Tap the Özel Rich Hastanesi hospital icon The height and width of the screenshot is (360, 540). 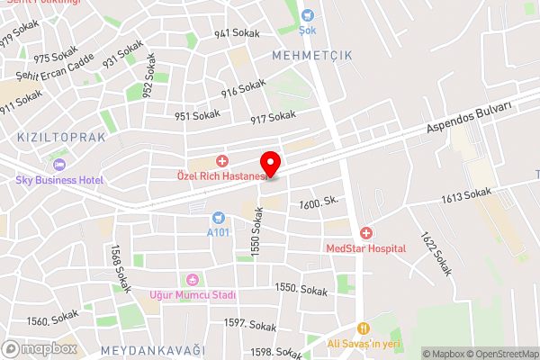[x=221, y=160]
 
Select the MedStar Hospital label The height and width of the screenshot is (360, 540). [x=366, y=247]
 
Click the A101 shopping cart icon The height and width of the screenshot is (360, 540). [x=218, y=218]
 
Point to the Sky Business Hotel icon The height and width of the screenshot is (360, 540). [x=59, y=165]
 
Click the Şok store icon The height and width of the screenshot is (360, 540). [x=308, y=15]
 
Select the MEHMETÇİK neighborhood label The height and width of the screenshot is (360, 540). [x=312, y=55]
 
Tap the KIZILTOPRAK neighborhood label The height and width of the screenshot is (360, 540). [x=61, y=138]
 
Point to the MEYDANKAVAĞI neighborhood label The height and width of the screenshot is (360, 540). [x=153, y=349]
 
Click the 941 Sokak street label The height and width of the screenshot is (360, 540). [x=237, y=33]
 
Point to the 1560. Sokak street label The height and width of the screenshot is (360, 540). [x=52, y=319]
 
